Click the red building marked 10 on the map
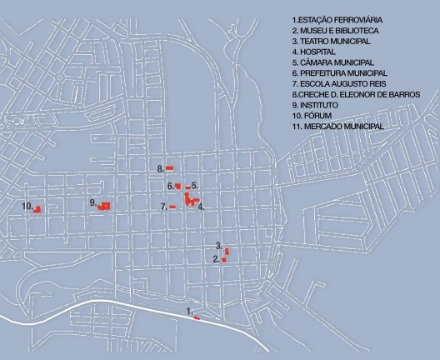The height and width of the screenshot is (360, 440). pos(37,209)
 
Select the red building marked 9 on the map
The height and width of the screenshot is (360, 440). pos(104,206)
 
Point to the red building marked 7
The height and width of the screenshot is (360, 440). pos(172,207)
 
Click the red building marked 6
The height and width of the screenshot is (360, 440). pos(178,187)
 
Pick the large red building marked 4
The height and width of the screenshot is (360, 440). pos(191,200)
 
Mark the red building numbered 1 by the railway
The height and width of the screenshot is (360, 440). pos(196,317)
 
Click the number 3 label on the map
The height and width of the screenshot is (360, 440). pos(218,245)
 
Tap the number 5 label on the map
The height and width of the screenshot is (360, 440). pos(194,184)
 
